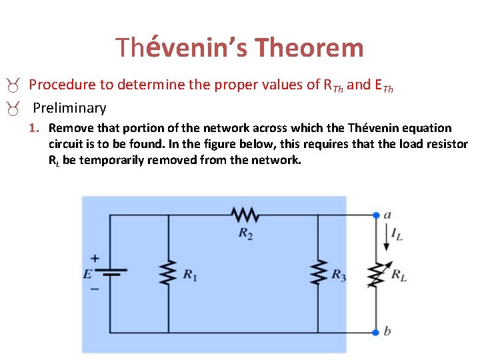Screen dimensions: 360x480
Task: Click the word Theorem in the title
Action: pos(309,48)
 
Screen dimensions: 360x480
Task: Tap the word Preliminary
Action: pos(69,107)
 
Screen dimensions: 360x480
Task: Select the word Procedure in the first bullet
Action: pos(58,85)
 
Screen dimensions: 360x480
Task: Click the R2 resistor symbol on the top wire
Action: pos(245,215)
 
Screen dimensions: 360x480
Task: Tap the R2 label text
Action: pos(245,234)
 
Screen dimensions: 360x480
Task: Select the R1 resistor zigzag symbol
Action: pos(168,273)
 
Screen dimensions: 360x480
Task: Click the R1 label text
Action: pos(190,274)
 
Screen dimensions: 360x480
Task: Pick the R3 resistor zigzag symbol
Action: pos(318,273)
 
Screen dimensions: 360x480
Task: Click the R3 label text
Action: pos(339,274)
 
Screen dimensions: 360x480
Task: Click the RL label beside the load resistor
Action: pos(399,274)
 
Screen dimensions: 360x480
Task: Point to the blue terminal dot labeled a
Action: pos(376,215)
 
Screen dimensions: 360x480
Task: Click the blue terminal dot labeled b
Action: pos(376,331)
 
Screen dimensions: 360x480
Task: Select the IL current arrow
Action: pos(387,236)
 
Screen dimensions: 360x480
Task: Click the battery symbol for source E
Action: pos(110,273)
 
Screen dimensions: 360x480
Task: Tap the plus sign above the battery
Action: pos(95,258)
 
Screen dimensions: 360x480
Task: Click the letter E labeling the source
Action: pos(87,273)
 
